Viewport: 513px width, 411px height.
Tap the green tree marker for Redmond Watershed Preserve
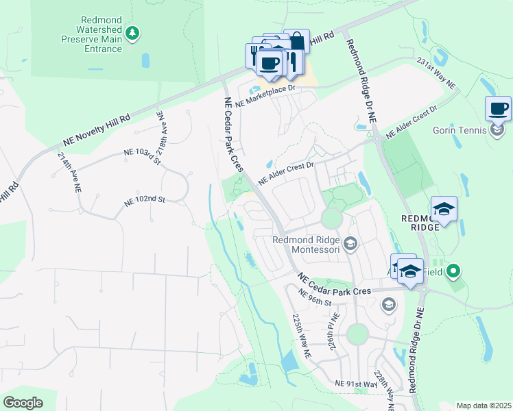click(133, 32)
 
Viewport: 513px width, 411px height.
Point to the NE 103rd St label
click(141, 156)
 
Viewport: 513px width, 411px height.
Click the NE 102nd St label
click(145, 201)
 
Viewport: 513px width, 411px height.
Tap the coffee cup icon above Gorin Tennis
click(498, 108)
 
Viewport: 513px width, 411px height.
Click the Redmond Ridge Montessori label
click(306, 245)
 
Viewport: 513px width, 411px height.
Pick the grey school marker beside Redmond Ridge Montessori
click(350, 243)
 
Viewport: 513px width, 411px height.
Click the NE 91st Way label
click(356, 385)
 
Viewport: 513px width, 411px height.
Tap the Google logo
click(23, 403)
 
